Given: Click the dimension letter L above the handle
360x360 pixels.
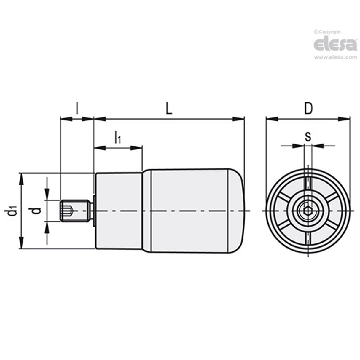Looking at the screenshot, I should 168,109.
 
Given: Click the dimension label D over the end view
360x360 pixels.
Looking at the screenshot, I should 308,109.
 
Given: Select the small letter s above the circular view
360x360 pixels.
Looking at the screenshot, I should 308,137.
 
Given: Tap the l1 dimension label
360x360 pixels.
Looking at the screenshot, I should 118,138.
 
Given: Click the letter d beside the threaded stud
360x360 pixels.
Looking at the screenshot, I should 37,211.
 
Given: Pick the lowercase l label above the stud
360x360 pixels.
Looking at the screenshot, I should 77,109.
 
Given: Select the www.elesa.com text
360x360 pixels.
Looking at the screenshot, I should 335,57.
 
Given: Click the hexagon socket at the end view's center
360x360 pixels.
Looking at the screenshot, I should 308,211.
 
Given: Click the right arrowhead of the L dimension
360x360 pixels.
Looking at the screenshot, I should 239,119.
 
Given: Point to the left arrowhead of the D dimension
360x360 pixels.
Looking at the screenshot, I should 271,119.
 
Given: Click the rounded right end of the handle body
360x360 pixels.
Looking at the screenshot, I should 237,211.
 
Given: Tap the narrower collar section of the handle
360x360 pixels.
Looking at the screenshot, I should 119,211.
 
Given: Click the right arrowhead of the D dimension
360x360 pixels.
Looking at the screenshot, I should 345,119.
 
